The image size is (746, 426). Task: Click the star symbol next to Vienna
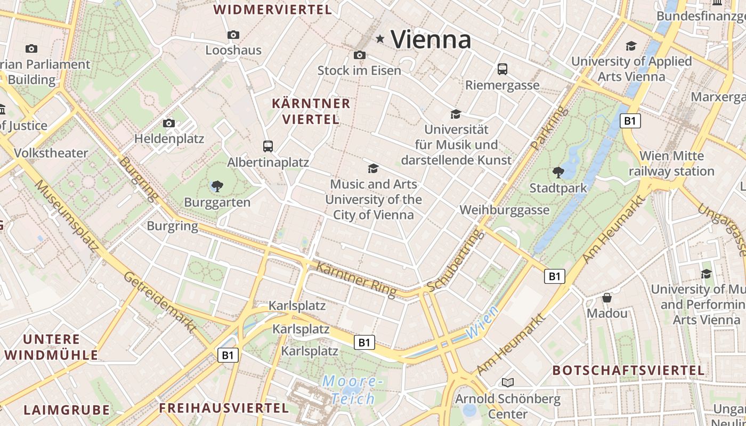pos(380,38)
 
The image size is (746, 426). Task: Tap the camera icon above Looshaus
pos(233,35)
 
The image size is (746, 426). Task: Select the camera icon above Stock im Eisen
pos(360,55)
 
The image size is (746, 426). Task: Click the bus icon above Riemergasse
pos(502,69)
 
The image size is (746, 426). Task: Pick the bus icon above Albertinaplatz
pos(268,146)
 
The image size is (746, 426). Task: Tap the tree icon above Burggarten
pos(217,186)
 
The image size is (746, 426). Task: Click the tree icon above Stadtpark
pos(558,172)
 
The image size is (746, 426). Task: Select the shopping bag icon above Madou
pos(607,297)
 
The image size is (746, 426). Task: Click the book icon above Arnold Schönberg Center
pos(508,382)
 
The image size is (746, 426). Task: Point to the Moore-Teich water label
pos(352,389)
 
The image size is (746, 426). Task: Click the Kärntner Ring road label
pos(356,279)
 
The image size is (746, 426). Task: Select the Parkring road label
pos(550,128)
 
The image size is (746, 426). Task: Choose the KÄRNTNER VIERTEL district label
pos(311,111)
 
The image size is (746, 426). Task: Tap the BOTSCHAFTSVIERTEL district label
pos(628,370)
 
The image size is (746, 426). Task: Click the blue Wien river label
pos(482,322)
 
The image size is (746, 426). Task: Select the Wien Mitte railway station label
pos(671,163)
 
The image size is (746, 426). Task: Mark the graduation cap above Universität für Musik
pos(456,114)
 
